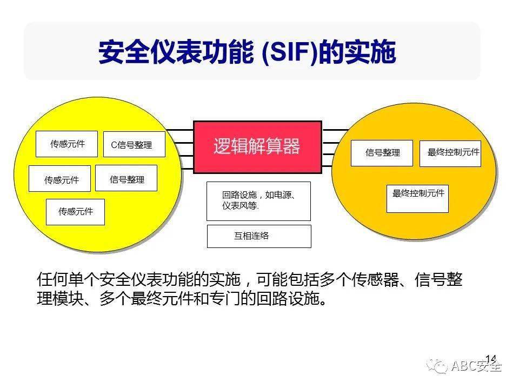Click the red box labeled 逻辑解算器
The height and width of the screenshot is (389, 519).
point(257,147)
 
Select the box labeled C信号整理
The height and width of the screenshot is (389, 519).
point(134,144)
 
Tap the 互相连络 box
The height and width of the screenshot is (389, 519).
point(259,236)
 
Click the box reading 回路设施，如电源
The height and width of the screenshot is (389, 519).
point(258,201)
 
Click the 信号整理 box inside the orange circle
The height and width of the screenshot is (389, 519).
point(382,153)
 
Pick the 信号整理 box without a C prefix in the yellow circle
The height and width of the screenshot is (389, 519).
point(126,178)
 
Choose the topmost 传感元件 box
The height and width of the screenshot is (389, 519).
point(66,144)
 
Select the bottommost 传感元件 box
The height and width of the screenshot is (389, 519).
point(75,212)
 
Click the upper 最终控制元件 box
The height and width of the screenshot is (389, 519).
point(450,153)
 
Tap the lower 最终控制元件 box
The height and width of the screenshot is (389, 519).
point(417,198)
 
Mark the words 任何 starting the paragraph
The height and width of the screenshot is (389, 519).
point(52,279)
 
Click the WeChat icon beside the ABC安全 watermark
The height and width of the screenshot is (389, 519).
point(437,366)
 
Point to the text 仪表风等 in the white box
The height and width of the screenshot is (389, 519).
point(239,206)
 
